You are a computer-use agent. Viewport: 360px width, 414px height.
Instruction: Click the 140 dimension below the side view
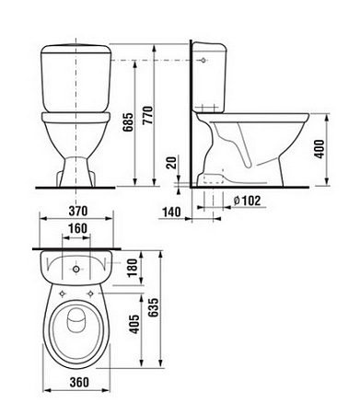pos(169,211)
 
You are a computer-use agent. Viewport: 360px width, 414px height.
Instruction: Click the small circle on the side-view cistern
pos(202,58)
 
